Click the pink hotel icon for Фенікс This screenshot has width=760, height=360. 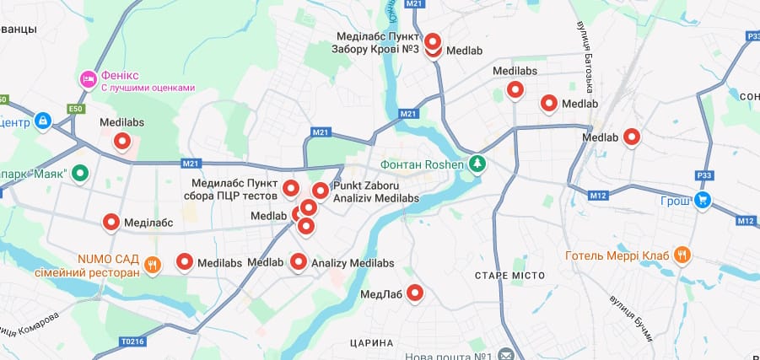coord(88,79)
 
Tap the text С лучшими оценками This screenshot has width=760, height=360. coord(148,88)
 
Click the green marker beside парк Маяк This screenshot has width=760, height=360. coord(80,173)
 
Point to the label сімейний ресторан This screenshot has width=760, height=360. coord(87,273)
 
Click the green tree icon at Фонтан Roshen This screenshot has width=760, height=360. coord(478,163)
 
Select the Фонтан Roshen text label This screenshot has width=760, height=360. coord(423,164)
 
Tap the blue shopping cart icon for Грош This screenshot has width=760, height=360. coord(703,201)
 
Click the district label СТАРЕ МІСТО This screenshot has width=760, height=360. coord(509,276)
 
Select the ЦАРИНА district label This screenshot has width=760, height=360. coord(370,343)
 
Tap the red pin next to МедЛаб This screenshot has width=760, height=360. coord(415,293)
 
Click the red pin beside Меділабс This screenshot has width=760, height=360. coord(111,222)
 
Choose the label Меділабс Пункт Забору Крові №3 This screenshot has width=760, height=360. coord(378,43)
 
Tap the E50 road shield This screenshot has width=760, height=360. coord(77,109)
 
